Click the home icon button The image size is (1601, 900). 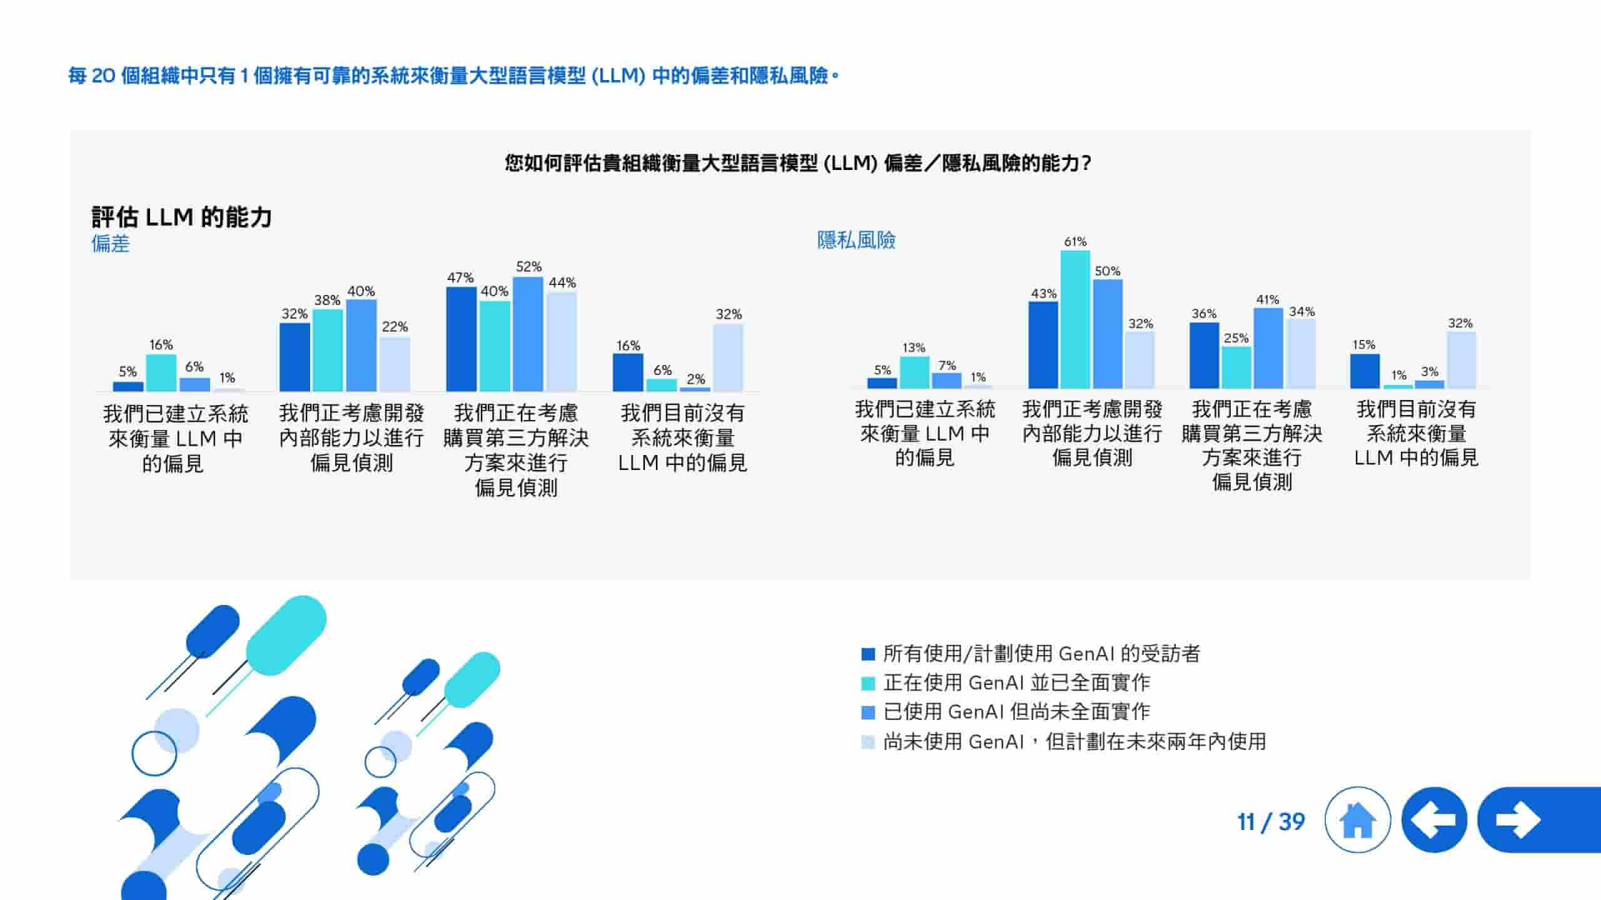1357,820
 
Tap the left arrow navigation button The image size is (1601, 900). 1434,820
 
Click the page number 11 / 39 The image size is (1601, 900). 1271,821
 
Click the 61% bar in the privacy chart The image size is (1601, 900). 1075,319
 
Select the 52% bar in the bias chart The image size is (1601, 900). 528,334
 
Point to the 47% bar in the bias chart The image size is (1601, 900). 462,339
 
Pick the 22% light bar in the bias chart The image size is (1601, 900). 395,364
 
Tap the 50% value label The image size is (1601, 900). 1107,271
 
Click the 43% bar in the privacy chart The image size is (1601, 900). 1043,345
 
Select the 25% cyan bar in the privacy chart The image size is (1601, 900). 1236,367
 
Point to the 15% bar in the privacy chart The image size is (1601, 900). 1365,371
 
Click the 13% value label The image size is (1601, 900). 914,347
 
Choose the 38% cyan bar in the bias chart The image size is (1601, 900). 328,350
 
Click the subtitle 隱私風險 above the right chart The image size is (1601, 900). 856,240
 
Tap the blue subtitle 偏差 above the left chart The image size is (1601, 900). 110,243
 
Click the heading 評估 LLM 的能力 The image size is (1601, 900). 181,217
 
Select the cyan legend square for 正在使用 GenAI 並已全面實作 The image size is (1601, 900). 867,683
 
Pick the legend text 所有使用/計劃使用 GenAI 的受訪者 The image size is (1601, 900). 1041,654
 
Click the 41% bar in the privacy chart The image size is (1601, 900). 1268,348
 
